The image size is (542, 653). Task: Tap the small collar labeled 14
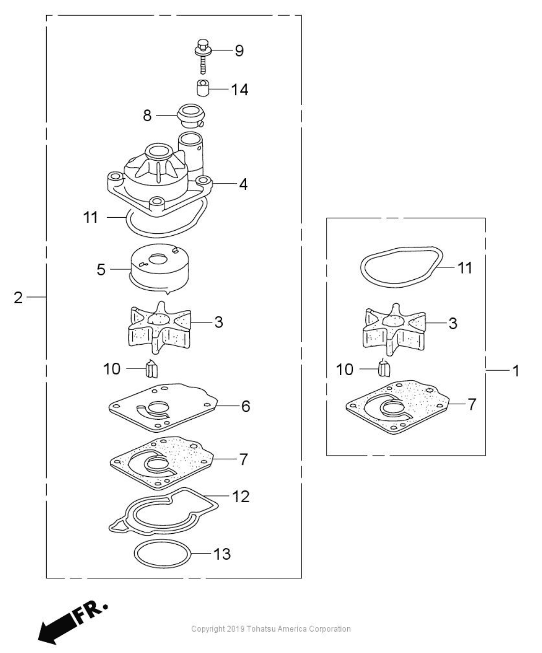pyautogui.click(x=202, y=89)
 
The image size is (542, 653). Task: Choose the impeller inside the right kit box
pyautogui.click(x=394, y=328)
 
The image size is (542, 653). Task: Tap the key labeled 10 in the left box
pyautogui.click(x=152, y=369)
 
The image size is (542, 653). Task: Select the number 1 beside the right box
pyautogui.click(x=515, y=371)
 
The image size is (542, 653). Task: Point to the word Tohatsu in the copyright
pyautogui.click(x=267, y=629)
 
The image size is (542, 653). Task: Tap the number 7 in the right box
pyautogui.click(x=471, y=404)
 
